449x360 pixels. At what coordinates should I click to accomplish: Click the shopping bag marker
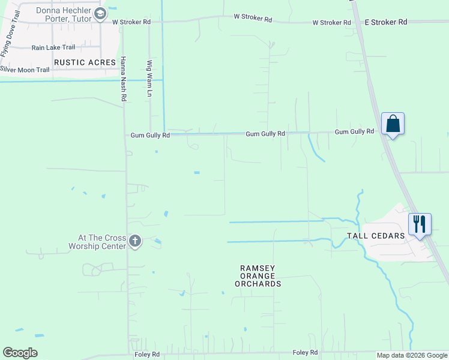click(393, 124)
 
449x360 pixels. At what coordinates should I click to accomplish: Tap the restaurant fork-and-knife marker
click(419, 224)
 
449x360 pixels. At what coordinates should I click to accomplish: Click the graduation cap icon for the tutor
click(100, 14)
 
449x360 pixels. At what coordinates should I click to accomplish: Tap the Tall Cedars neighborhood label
click(376, 236)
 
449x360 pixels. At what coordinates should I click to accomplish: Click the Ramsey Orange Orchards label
click(260, 276)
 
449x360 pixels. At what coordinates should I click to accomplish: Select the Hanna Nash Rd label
click(124, 79)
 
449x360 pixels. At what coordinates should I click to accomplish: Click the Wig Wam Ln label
click(149, 78)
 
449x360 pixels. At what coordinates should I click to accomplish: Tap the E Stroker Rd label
click(386, 22)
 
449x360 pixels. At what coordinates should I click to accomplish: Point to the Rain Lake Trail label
click(54, 47)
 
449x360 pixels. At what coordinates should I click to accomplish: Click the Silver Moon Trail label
click(25, 70)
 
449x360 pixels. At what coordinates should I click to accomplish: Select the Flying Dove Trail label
click(10, 34)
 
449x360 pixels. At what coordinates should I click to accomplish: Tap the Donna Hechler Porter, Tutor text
click(64, 14)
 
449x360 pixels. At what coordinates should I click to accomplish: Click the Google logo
click(20, 353)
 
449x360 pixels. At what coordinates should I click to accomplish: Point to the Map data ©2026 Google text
click(412, 355)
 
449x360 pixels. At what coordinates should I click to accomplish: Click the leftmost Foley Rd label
click(146, 355)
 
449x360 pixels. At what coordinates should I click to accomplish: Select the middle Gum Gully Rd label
click(265, 134)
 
